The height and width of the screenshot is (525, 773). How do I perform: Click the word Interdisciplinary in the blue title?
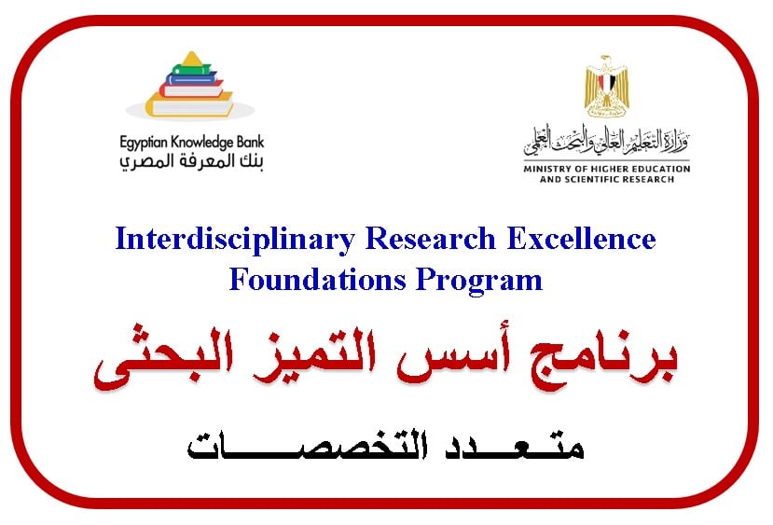[x=235, y=241]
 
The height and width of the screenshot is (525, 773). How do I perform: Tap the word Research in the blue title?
[x=431, y=239]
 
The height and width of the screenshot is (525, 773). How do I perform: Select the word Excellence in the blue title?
[x=581, y=239]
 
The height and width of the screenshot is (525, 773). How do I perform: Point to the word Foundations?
[x=317, y=280]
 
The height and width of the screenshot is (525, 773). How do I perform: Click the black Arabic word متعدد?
[x=513, y=446]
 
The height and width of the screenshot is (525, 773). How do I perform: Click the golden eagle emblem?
[x=606, y=86]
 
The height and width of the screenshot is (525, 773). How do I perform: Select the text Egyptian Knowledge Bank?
[x=192, y=143]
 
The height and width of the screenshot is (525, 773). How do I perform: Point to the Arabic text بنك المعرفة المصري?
[x=192, y=161]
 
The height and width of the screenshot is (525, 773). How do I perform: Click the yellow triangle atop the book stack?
[x=192, y=59]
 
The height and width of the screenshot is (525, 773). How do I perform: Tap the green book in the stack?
[x=192, y=70]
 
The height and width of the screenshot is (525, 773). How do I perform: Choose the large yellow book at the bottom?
[x=189, y=104]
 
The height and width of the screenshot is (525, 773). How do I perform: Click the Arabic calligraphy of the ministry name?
[x=606, y=140]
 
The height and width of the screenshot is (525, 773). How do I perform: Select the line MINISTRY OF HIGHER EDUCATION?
[x=607, y=169]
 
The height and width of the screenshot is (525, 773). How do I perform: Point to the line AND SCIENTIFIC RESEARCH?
[x=607, y=179]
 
